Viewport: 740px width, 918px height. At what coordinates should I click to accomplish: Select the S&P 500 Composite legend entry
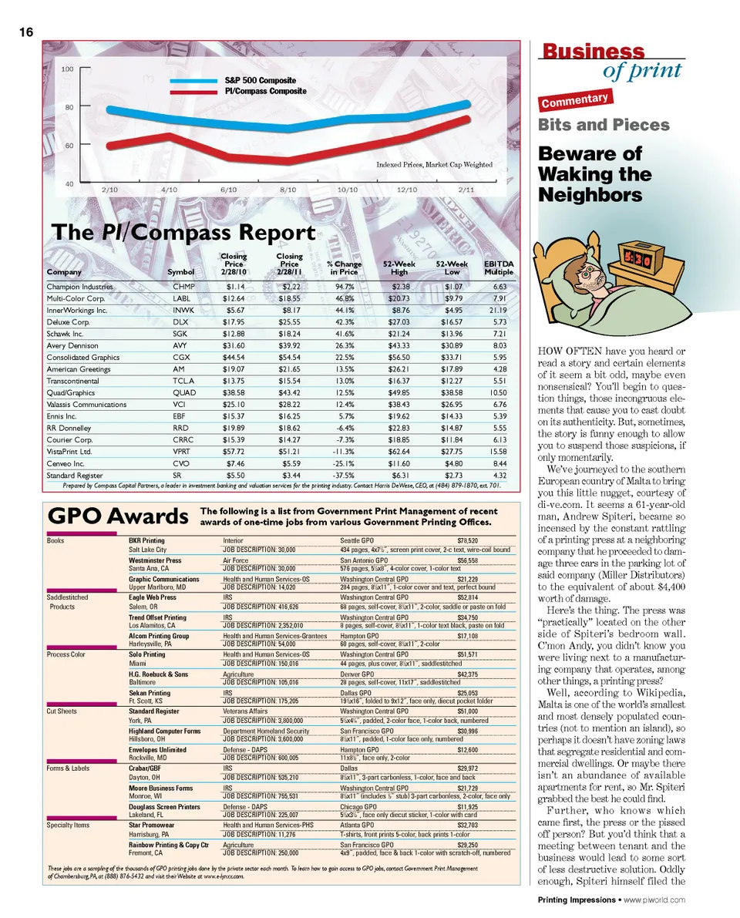tap(260, 80)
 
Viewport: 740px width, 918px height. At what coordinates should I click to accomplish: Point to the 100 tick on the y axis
tap(67, 69)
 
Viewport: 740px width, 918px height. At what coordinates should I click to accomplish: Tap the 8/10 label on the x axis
tap(288, 188)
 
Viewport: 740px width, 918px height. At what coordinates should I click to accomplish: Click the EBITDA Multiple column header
tap(498, 267)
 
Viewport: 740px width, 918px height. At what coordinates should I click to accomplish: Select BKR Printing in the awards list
tap(146, 541)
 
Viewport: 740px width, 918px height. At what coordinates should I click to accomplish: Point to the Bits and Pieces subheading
tap(603, 125)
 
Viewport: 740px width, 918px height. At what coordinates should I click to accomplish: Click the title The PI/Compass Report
tap(183, 233)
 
